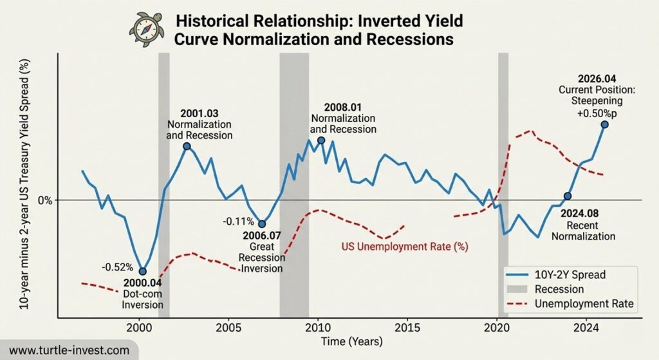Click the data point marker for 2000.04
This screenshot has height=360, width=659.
pyautogui.click(x=143, y=271)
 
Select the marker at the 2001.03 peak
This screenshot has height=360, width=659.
pyautogui.click(x=187, y=146)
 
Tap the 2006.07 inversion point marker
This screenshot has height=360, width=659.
pyautogui.click(x=262, y=223)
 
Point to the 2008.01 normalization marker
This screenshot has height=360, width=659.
pyautogui.click(x=321, y=140)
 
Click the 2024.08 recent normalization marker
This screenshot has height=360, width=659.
pyautogui.click(x=567, y=196)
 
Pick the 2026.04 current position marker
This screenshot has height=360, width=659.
pyautogui.click(x=604, y=124)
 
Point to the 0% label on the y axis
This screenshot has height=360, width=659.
pyautogui.click(x=44, y=200)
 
